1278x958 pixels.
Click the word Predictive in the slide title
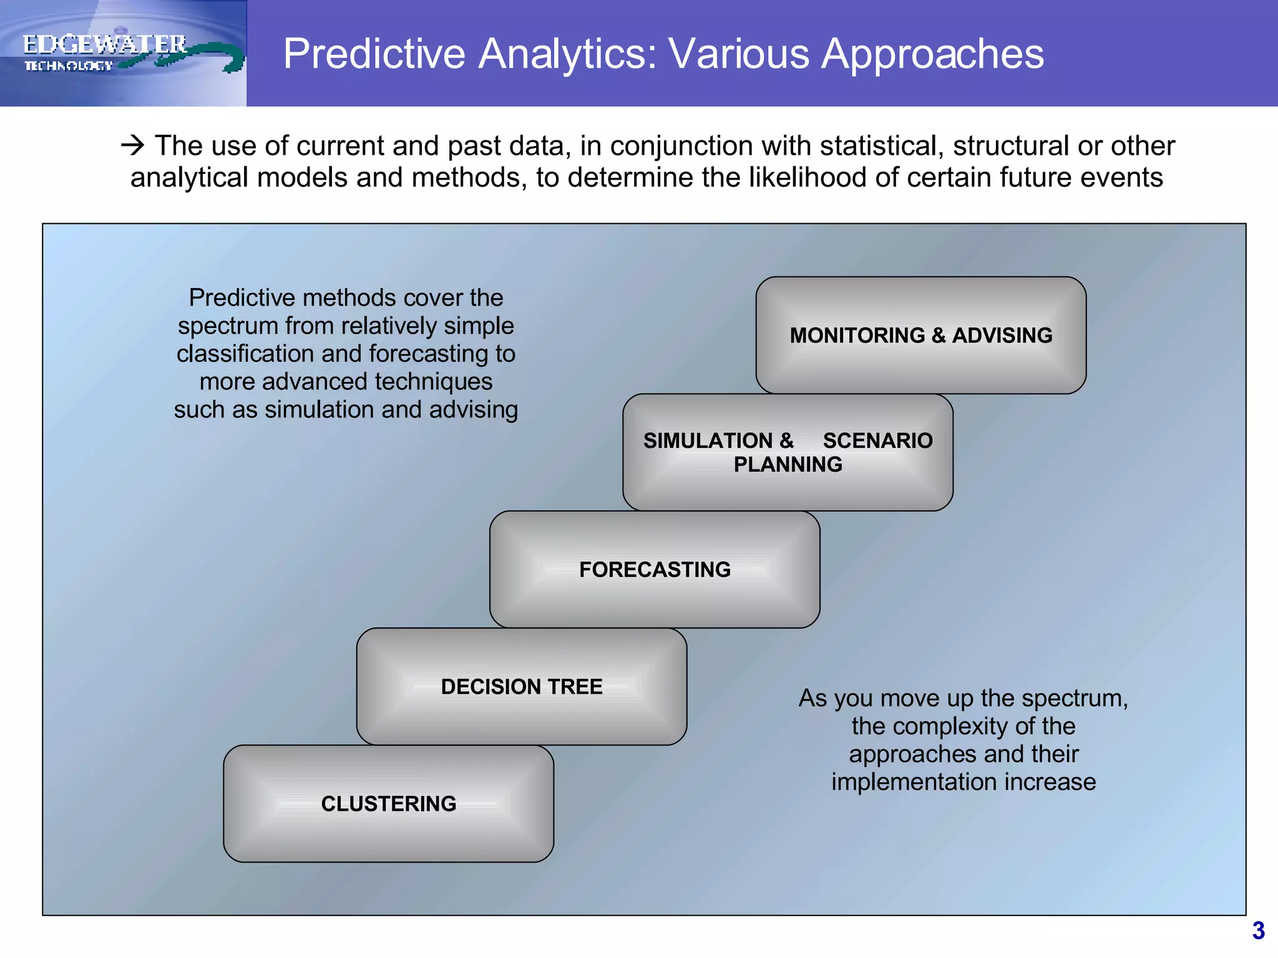374,54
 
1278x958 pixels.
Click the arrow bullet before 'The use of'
133,146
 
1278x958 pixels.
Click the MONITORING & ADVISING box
921,336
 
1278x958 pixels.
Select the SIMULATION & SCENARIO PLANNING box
788,453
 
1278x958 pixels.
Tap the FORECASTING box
655,569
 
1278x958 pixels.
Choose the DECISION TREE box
522,687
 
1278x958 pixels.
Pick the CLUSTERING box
389,804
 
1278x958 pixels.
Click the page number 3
1258,931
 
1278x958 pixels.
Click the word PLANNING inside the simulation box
788,465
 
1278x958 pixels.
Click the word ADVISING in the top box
1002,336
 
